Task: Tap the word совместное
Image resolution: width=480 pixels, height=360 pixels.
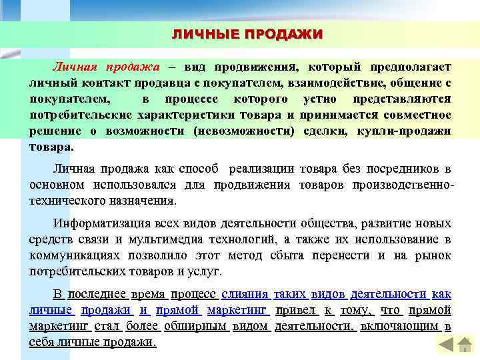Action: pos(413,115)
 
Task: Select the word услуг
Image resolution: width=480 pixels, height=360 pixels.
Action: pos(206,271)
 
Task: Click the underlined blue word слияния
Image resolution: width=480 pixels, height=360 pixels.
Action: pos(245,294)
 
